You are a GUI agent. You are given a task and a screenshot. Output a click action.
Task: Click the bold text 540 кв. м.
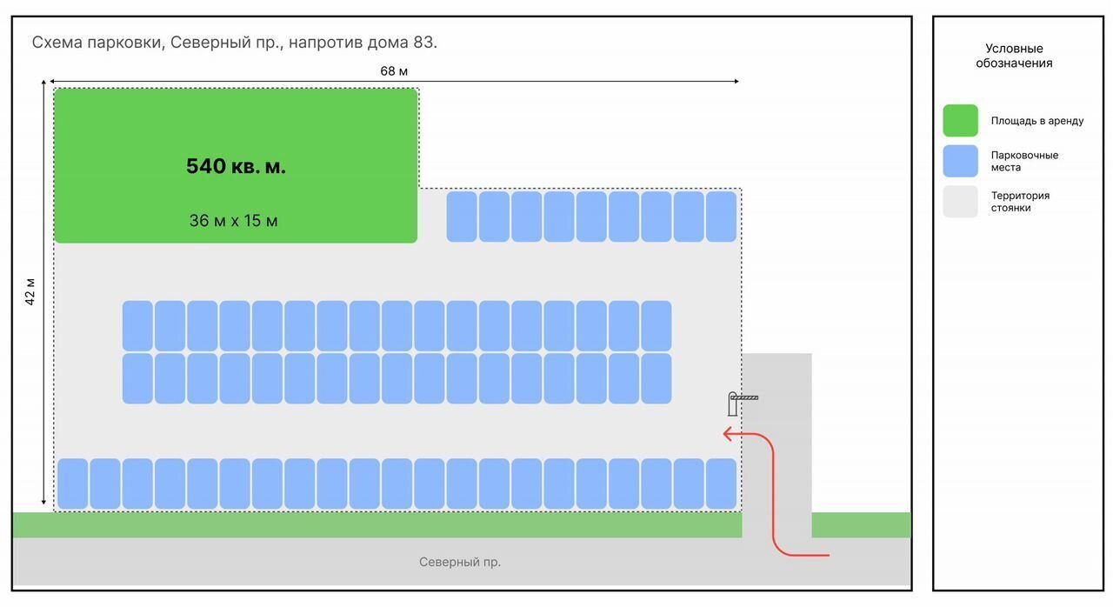click(236, 166)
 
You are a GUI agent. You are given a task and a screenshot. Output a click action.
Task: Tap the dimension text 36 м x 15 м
click(234, 221)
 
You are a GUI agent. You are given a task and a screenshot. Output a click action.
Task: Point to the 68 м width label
click(394, 71)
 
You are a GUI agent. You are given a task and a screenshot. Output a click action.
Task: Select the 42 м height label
click(30, 291)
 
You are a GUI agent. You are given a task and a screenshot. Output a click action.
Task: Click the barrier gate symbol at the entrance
click(742, 402)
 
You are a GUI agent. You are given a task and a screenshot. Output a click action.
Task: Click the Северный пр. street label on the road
click(460, 562)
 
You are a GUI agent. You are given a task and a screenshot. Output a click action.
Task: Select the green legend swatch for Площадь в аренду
click(960, 121)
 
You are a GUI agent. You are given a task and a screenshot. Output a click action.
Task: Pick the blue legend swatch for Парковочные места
click(960, 161)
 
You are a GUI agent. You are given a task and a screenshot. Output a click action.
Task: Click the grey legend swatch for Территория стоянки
click(960, 202)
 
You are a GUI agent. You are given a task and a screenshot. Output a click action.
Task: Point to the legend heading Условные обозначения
click(1014, 56)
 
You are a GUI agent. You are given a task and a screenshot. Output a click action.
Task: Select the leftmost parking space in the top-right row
click(462, 217)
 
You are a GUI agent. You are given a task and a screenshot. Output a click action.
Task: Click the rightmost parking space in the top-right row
click(721, 217)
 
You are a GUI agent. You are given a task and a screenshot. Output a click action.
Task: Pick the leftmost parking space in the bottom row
click(73, 484)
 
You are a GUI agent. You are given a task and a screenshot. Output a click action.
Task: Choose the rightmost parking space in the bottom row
click(721, 484)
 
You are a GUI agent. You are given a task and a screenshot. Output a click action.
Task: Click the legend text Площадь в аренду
click(1037, 121)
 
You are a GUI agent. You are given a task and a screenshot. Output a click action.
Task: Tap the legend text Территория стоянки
click(1020, 202)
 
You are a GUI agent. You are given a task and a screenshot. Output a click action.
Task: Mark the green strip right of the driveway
click(861, 525)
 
